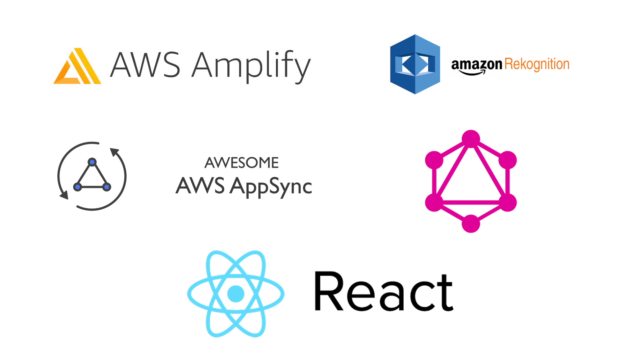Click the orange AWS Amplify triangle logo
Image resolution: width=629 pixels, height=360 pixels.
coord(77,67)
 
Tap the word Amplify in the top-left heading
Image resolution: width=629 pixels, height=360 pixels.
coord(251,66)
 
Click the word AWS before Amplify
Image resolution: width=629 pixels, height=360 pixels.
coord(145,65)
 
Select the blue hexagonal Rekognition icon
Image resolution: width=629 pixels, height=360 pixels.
coord(415,64)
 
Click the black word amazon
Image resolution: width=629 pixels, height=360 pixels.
coord(476,64)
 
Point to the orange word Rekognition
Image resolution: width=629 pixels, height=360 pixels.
coord(536,64)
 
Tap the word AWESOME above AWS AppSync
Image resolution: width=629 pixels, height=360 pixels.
coord(242,163)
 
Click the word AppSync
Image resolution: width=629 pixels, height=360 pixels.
coord(270,186)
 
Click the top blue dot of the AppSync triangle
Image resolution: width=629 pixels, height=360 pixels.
coord(92,162)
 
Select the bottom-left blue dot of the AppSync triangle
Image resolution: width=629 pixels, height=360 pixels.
coord(78,187)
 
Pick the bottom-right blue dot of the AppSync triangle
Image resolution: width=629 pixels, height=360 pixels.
coord(107,187)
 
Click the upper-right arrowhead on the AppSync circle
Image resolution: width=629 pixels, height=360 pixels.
coord(115,152)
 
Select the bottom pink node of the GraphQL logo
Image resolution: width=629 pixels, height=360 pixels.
coord(471,224)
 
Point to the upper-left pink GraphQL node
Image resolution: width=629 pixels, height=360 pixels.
coord(434,160)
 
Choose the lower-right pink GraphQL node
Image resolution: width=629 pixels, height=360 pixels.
coord(507,202)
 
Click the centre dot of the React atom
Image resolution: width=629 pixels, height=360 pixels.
coord(236,293)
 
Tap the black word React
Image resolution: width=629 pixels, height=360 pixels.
coord(383,292)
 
